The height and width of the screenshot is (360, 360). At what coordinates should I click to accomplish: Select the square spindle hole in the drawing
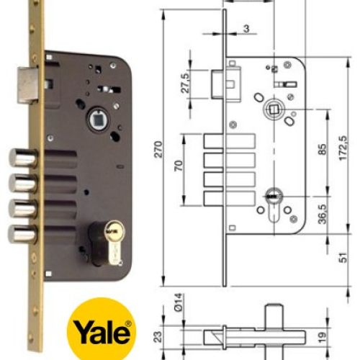pos(273,109)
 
